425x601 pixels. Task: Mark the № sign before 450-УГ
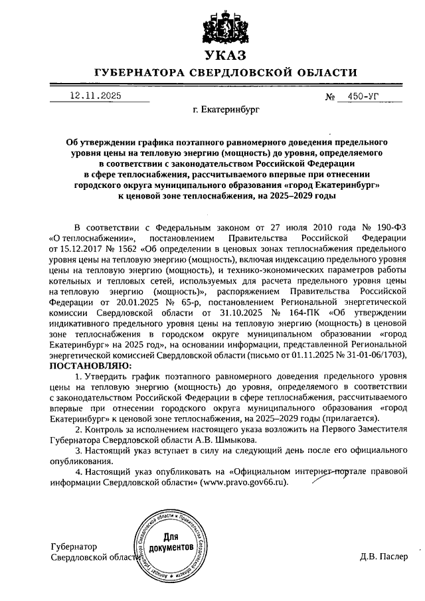pos(330,97)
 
